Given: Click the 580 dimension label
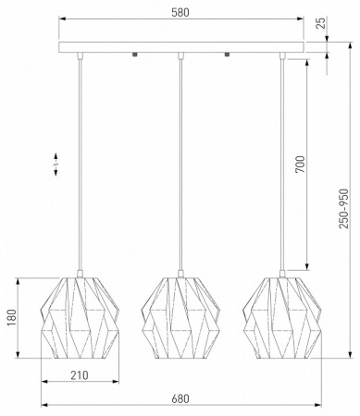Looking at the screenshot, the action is coord(180,12).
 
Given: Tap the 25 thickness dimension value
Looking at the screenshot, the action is coord(321,23).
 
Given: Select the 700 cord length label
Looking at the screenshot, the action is coord(300,165).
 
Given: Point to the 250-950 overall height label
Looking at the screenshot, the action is coord(343,209).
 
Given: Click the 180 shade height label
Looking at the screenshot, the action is coord(12,318).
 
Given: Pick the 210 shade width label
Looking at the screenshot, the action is coord(80,375).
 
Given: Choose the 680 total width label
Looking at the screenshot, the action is coord(180,398).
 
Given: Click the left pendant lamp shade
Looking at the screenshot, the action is coord(80,318).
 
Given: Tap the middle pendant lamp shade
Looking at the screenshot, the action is coord(180,318).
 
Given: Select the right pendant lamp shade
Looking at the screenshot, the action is coord(282,318).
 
